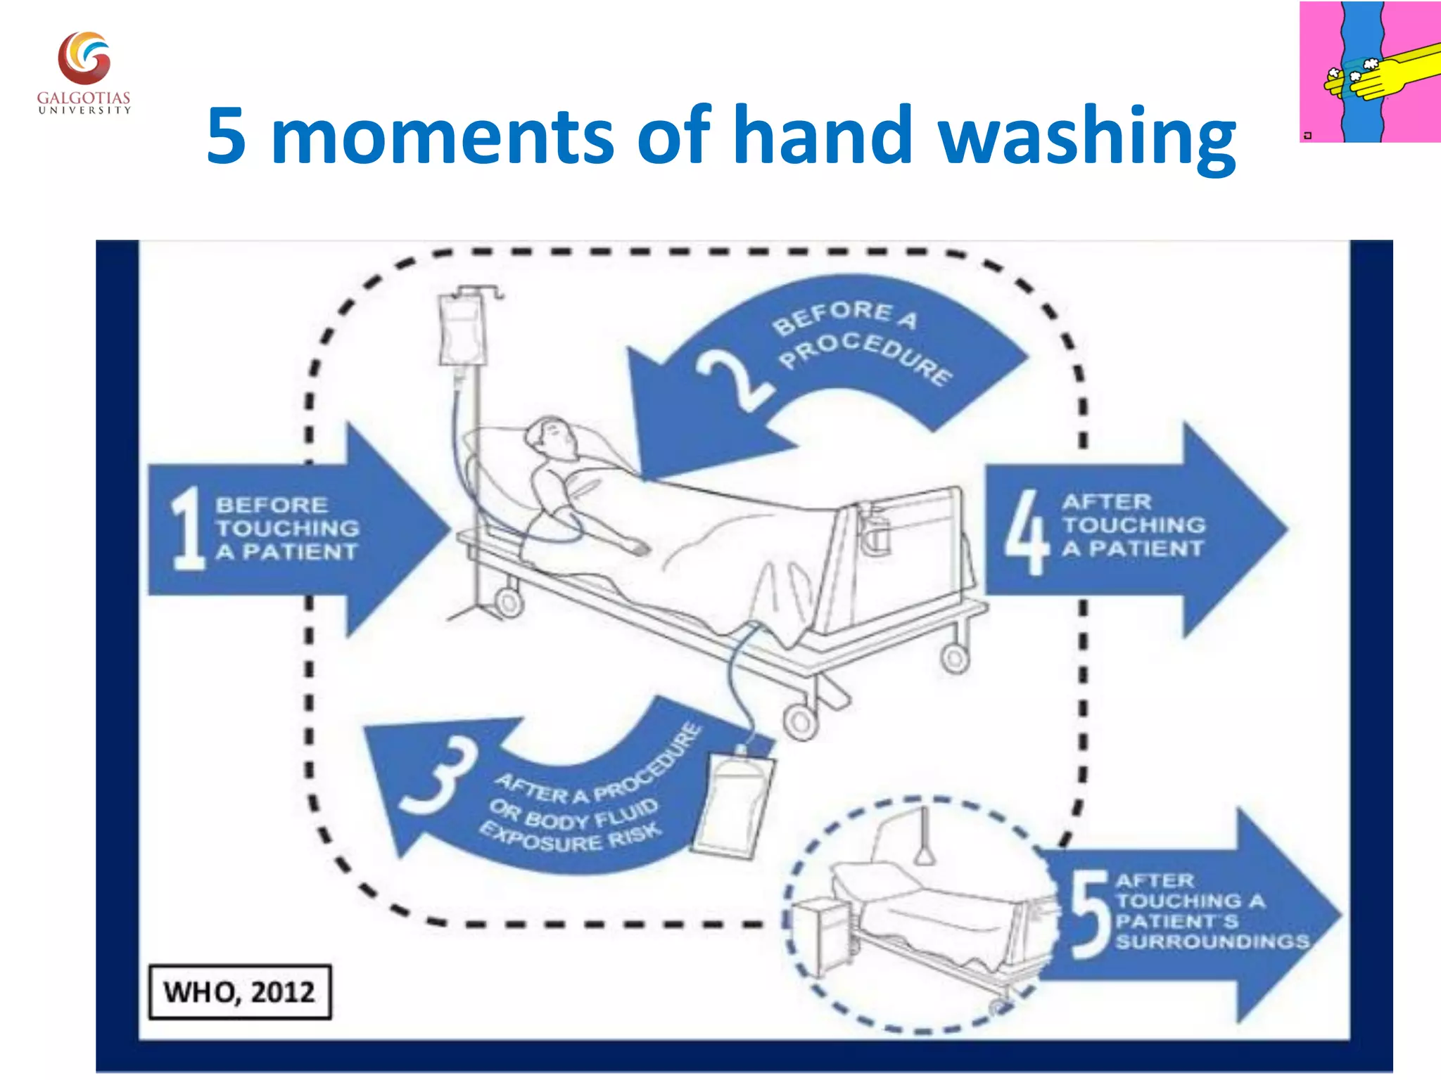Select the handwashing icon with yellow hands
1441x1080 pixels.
[x=1369, y=72]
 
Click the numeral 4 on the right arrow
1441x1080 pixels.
[x=1027, y=532]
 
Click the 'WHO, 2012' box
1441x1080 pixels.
[x=240, y=991]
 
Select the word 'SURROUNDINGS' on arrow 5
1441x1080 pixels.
[x=1212, y=941]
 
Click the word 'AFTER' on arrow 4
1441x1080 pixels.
[x=1107, y=502]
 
